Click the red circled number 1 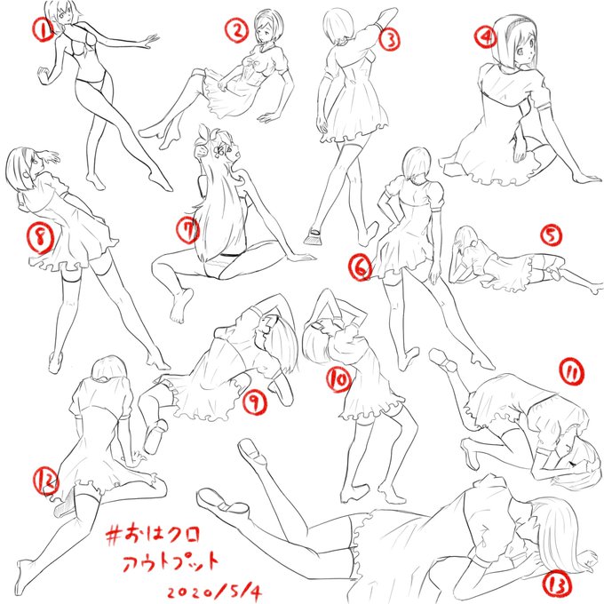(44, 30)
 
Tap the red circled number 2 (236, 31)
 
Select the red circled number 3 (389, 40)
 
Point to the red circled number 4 (485, 36)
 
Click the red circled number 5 (551, 235)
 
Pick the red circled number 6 (361, 267)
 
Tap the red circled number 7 (187, 230)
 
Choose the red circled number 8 (40, 238)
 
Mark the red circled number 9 (254, 402)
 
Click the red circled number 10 (339, 379)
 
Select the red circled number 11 (572, 372)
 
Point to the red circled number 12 (46, 481)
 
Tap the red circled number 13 (557, 586)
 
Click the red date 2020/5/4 (214, 592)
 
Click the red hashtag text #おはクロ (154, 535)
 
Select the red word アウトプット (171, 562)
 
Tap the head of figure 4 (514, 43)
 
